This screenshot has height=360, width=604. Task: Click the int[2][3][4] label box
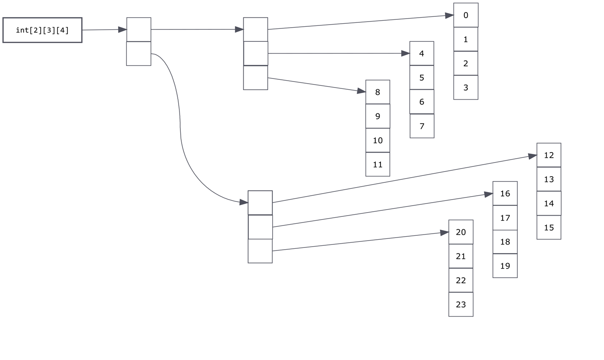pos(42,30)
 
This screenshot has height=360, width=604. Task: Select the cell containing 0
pos(466,15)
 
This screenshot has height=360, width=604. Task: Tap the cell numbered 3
pos(466,88)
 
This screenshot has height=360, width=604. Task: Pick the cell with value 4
pos(422,53)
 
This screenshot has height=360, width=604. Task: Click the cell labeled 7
pos(422,126)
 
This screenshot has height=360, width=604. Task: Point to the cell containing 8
pos(377,92)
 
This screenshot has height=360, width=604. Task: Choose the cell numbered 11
pos(377,164)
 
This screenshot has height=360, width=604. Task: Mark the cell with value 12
pos(549,155)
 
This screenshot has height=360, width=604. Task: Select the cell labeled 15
pos(549,227)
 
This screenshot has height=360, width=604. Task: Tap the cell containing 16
pos(505,193)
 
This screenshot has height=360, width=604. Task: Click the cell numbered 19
pos(505,266)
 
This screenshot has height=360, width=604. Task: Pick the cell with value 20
pos(461,232)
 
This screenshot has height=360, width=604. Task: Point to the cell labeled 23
pos(461,304)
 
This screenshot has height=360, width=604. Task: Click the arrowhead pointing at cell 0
pos(449,16)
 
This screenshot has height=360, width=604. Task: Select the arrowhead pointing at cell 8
pos(361,91)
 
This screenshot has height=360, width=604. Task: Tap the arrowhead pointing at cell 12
pos(532,157)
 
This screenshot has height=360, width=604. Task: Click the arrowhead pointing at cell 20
pos(444,233)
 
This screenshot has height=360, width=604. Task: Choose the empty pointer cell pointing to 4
pos(255,53)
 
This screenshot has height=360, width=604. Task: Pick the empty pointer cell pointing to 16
pos(260,227)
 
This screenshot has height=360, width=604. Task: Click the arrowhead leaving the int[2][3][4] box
pos(122,30)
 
